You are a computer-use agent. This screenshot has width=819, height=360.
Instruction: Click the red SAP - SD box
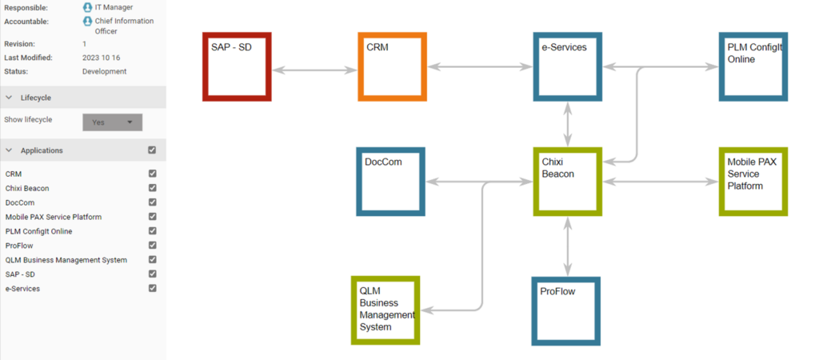point(238,67)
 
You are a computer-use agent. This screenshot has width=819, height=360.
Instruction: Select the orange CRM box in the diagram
point(392,67)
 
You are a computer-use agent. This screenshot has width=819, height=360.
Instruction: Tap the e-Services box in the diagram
point(568,67)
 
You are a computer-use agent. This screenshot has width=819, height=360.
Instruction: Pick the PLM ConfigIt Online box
point(753,67)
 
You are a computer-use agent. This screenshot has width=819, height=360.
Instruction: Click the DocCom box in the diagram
point(390,182)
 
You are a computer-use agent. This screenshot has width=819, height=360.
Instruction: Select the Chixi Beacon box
point(568,182)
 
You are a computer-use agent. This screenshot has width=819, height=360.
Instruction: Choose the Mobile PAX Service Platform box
point(753,182)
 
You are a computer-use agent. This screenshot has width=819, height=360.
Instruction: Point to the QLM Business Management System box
point(386,310)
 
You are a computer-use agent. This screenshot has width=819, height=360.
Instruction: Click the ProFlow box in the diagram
point(565,310)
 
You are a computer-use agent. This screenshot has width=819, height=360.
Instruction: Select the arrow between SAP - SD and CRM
point(314,70)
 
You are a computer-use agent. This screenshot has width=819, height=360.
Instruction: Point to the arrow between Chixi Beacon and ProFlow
point(568,246)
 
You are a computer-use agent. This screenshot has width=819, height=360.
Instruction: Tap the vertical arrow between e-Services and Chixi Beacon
point(568,124)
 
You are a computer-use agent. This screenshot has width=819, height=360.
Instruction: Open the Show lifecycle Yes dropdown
point(113,122)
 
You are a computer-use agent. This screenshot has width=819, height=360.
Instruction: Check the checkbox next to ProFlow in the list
point(152,246)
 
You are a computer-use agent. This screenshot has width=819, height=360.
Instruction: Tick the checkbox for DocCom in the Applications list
point(152,202)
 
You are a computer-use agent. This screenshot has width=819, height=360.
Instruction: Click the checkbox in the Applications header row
point(152,150)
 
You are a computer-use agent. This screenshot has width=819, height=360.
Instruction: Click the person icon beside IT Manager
point(87,7)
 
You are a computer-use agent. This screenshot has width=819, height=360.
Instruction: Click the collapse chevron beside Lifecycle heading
point(8,97)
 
